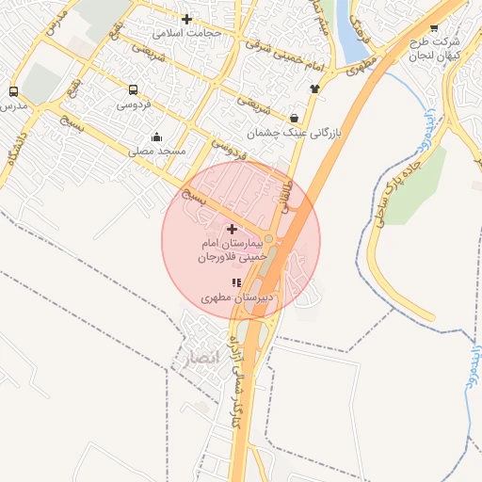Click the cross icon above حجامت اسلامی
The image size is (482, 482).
[x=186, y=19]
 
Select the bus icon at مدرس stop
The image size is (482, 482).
[x=13, y=92]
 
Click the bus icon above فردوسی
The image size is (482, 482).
[x=133, y=90]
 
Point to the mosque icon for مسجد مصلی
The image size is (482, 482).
[x=156, y=137]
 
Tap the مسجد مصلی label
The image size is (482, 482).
[x=156, y=151]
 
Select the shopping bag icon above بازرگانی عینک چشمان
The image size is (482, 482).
[x=296, y=119]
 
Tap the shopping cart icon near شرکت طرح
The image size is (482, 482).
[x=433, y=28]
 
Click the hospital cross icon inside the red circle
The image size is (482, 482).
[x=233, y=229]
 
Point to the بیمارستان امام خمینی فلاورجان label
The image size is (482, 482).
[x=233, y=249]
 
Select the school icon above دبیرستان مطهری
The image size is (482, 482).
[x=236, y=282]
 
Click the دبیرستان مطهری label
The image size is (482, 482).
[x=239, y=297]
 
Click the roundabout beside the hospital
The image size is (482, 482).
[x=269, y=239]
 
